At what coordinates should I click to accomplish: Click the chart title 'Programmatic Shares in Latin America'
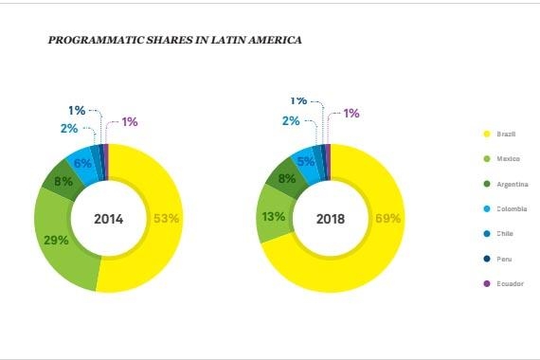[175, 42]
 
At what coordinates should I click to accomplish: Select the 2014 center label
[109, 219]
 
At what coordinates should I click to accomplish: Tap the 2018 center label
[331, 218]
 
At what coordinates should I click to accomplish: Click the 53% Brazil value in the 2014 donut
[167, 219]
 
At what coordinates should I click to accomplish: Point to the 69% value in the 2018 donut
[388, 218]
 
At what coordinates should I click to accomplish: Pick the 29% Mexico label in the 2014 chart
[56, 240]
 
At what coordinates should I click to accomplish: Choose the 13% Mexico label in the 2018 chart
[274, 217]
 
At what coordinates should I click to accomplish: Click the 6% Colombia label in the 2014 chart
[82, 163]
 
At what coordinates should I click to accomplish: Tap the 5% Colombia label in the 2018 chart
[306, 161]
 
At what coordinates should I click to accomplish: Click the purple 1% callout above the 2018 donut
[351, 114]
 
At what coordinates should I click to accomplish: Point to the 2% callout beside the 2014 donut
[69, 129]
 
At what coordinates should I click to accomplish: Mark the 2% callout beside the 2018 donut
[291, 121]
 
